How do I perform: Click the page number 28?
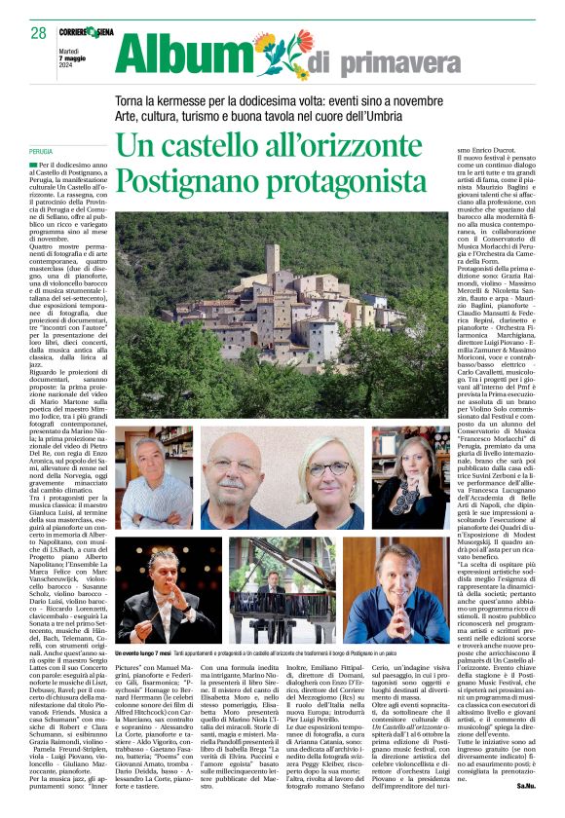click(x=38, y=33)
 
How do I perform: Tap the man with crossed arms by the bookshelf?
click(x=151, y=477)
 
